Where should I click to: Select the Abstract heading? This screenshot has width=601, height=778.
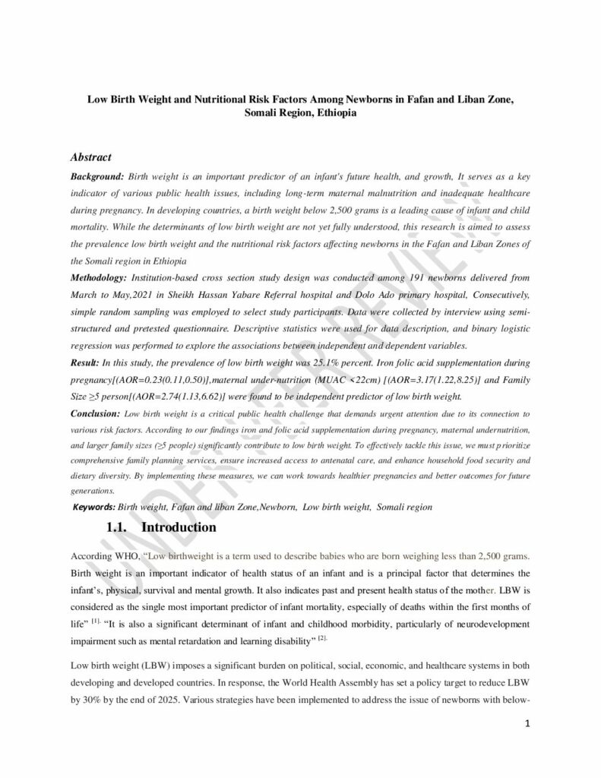(x=91, y=158)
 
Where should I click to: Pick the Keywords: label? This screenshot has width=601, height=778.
(x=94, y=506)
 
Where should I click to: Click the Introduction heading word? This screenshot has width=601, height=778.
(x=179, y=527)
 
